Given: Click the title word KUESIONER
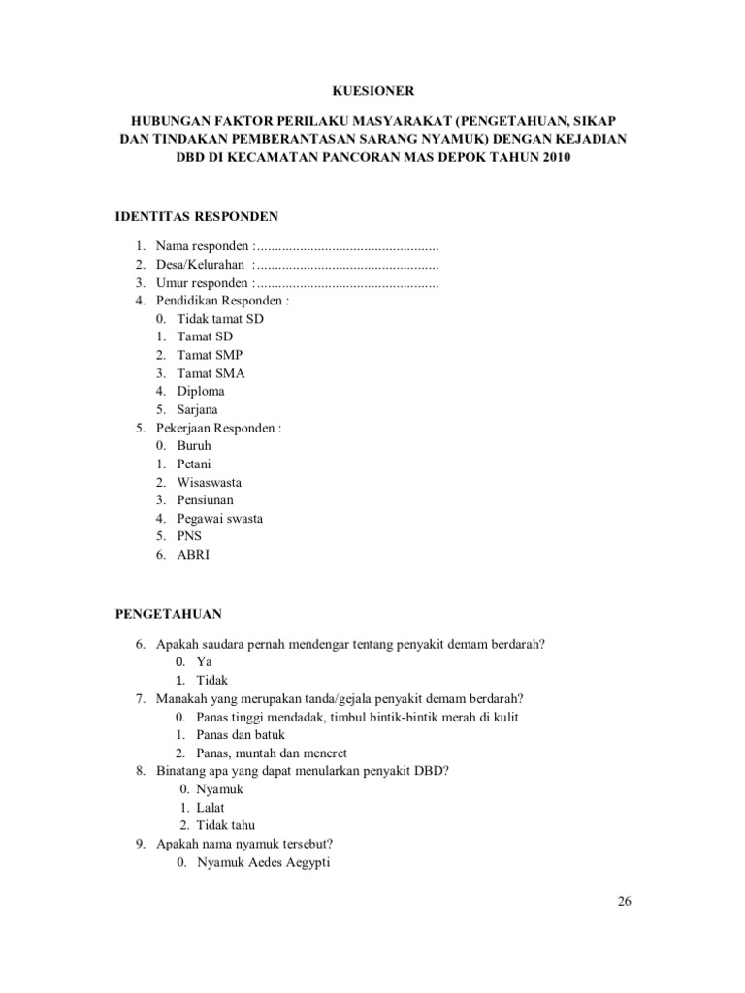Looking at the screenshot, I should pos(373,91).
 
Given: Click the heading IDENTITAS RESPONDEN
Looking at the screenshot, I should pos(197,215).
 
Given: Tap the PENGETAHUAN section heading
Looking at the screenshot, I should pos(169,614).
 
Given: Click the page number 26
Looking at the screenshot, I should pos(624,901).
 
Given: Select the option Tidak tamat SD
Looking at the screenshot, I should pos(220,318).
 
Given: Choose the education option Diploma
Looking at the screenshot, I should pos(201,391).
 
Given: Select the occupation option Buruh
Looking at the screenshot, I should pos(194,445).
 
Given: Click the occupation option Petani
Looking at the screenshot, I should pos(194,464).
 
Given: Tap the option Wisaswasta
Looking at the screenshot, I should pos(210,482).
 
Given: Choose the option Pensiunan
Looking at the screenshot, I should pos(205,500).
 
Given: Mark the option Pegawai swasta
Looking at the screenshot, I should pos(220,519).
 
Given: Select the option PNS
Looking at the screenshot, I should pos(190,536).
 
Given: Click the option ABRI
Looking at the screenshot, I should pos(193,555).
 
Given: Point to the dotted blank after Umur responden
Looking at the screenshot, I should pos(346,283).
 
